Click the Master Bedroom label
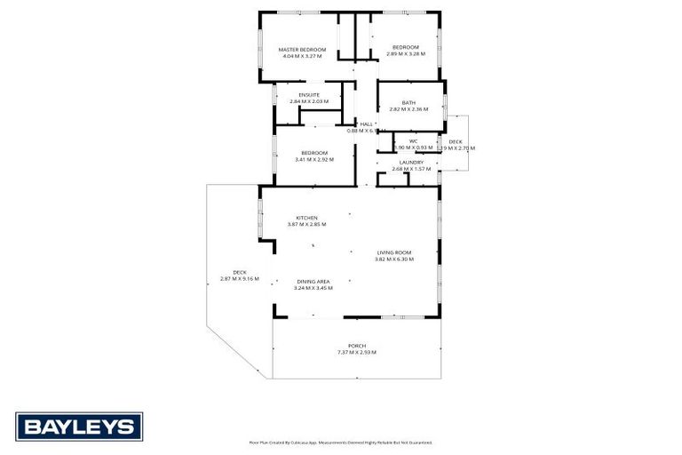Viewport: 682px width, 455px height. [x=302, y=49]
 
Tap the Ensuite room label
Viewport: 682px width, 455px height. [x=309, y=95]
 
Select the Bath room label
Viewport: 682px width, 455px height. [x=408, y=102]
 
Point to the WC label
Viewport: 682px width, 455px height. [x=413, y=141]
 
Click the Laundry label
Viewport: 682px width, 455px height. [x=411, y=162]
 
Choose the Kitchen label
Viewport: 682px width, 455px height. [x=307, y=218]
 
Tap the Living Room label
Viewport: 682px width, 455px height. [x=393, y=252]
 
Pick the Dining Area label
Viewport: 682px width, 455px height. [x=313, y=282]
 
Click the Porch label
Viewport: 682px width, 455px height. [x=357, y=346]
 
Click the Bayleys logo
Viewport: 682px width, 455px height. [x=79, y=426]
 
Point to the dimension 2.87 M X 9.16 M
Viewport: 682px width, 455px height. [x=239, y=279]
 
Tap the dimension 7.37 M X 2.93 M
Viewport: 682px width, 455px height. [x=357, y=353]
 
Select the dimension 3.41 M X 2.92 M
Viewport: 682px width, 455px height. [x=314, y=160]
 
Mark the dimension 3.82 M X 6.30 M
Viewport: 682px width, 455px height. [x=393, y=259]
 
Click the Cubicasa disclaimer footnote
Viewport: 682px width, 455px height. [x=340, y=443]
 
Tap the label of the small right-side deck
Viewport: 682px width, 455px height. [x=456, y=141]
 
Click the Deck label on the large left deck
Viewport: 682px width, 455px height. [x=240, y=272]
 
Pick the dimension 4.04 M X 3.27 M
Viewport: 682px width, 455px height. [x=302, y=56]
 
